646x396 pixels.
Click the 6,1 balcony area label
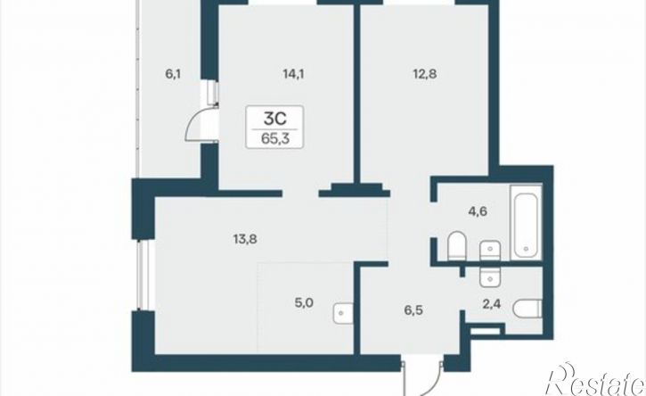(x=174, y=74)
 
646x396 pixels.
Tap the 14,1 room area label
(x=293, y=74)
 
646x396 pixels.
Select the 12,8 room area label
(x=425, y=74)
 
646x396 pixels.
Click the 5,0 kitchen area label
(x=304, y=303)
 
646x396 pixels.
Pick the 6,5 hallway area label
(x=413, y=309)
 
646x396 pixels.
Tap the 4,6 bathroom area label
(x=478, y=211)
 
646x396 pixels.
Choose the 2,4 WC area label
(x=492, y=304)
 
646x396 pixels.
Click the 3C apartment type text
(x=274, y=120)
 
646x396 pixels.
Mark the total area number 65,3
(x=274, y=138)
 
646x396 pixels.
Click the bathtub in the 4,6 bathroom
(x=526, y=222)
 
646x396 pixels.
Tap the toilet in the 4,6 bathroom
(x=456, y=246)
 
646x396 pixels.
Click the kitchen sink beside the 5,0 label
(x=343, y=313)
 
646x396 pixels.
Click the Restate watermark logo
(x=595, y=380)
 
